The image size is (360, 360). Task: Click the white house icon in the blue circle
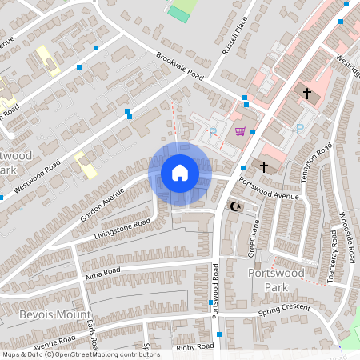tap(180, 173)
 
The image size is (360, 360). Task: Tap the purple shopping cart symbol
tap(239, 131)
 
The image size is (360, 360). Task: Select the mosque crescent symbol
tap(235, 206)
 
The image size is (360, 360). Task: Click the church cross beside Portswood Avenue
tap(265, 166)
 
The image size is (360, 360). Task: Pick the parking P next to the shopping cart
tap(212, 134)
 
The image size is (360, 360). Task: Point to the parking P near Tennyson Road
tap(300, 128)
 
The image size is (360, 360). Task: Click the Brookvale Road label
tap(180, 67)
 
